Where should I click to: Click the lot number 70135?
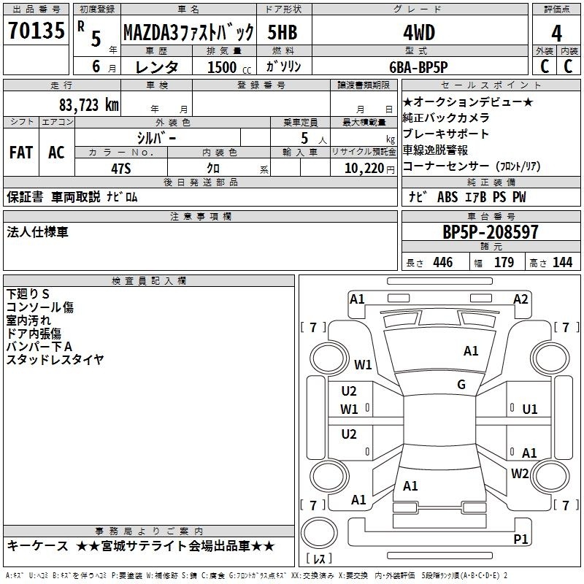(x=36, y=31)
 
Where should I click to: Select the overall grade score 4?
(x=556, y=34)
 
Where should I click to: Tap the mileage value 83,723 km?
(x=89, y=105)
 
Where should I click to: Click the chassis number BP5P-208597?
(x=491, y=232)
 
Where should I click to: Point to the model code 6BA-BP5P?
(x=418, y=67)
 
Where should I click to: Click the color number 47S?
(x=121, y=169)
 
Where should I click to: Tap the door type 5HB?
(x=283, y=32)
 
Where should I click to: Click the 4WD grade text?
(x=419, y=33)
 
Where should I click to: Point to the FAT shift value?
(x=21, y=153)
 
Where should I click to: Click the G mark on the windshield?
(x=461, y=385)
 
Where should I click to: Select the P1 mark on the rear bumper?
(x=520, y=539)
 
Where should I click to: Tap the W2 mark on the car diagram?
(x=520, y=474)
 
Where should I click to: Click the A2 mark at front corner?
(x=520, y=299)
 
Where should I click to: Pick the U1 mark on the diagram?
(x=530, y=410)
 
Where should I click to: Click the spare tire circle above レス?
(x=319, y=533)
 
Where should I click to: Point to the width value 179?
(x=504, y=262)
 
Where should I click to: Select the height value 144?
(x=562, y=262)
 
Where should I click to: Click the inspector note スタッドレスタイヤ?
(x=55, y=360)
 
